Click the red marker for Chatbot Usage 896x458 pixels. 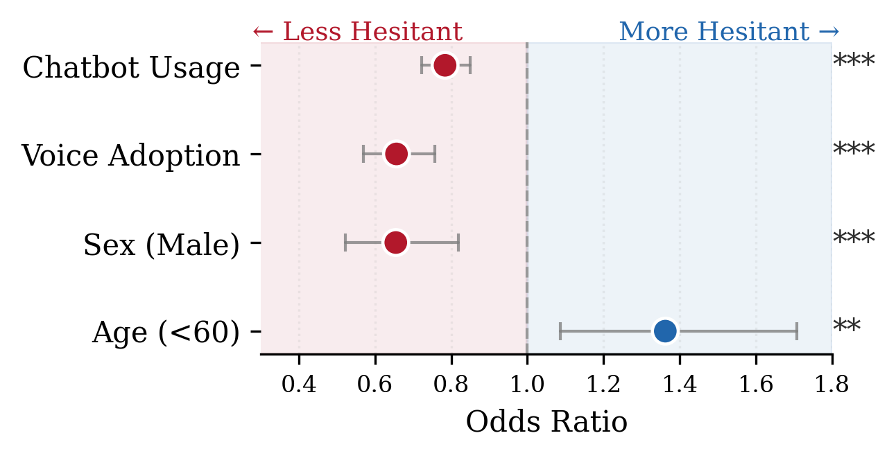click(445, 65)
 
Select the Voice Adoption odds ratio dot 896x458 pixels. click(396, 154)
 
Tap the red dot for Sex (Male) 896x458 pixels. click(395, 243)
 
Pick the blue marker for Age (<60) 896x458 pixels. click(665, 331)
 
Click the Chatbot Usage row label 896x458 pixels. click(131, 68)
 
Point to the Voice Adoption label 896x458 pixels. click(130, 156)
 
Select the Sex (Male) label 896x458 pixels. click(161, 245)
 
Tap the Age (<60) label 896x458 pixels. click(166, 333)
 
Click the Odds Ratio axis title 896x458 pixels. click(546, 422)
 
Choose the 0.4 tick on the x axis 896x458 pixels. click(299, 385)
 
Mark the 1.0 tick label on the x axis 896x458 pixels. click(527, 385)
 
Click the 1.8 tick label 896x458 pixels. click(832, 385)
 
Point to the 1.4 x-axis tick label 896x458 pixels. click(680, 385)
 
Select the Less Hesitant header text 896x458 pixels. click(357, 32)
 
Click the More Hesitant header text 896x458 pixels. click(729, 32)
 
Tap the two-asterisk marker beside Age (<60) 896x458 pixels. click(846, 328)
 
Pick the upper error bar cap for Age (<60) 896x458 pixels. click(797, 331)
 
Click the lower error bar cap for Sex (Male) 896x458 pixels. click(345, 243)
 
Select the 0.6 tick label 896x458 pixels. click(375, 385)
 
